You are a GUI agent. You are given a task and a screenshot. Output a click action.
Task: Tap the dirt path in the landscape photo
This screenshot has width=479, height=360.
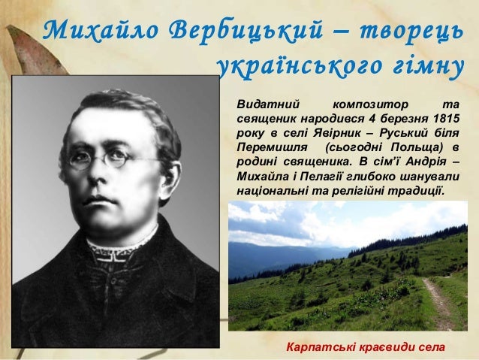coord(436,301)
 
